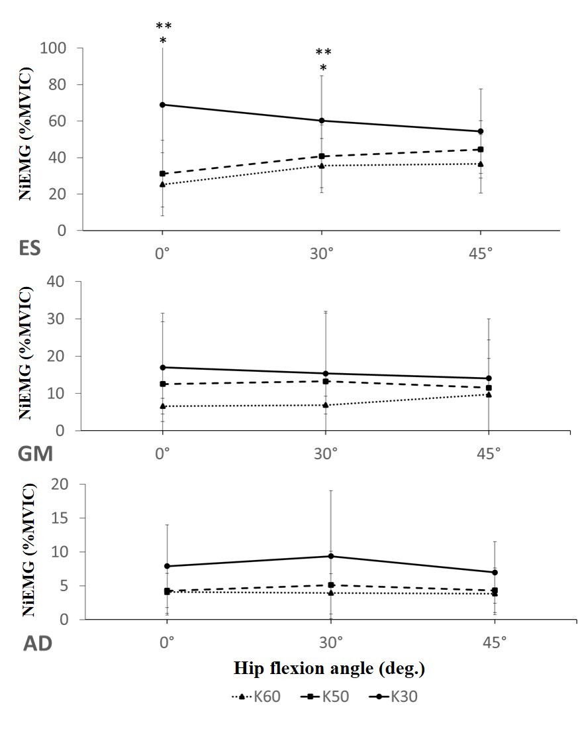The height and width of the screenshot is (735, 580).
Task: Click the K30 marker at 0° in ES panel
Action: (x=162, y=105)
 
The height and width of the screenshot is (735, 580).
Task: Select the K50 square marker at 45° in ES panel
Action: (x=481, y=150)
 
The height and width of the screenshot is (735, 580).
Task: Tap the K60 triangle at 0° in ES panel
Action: (x=162, y=184)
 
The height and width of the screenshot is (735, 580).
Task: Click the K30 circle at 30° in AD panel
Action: (x=330, y=556)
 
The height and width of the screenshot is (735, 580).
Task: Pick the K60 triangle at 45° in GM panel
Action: (x=489, y=394)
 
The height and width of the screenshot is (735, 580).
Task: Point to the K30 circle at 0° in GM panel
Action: (x=162, y=367)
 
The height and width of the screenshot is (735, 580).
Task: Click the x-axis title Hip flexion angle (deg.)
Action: (x=329, y=669)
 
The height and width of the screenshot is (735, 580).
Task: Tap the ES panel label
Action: (x=30, y=249)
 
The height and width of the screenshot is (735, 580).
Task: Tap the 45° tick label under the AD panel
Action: (x=495, y=642)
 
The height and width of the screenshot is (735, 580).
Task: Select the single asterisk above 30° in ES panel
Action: (x=323, y=68)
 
